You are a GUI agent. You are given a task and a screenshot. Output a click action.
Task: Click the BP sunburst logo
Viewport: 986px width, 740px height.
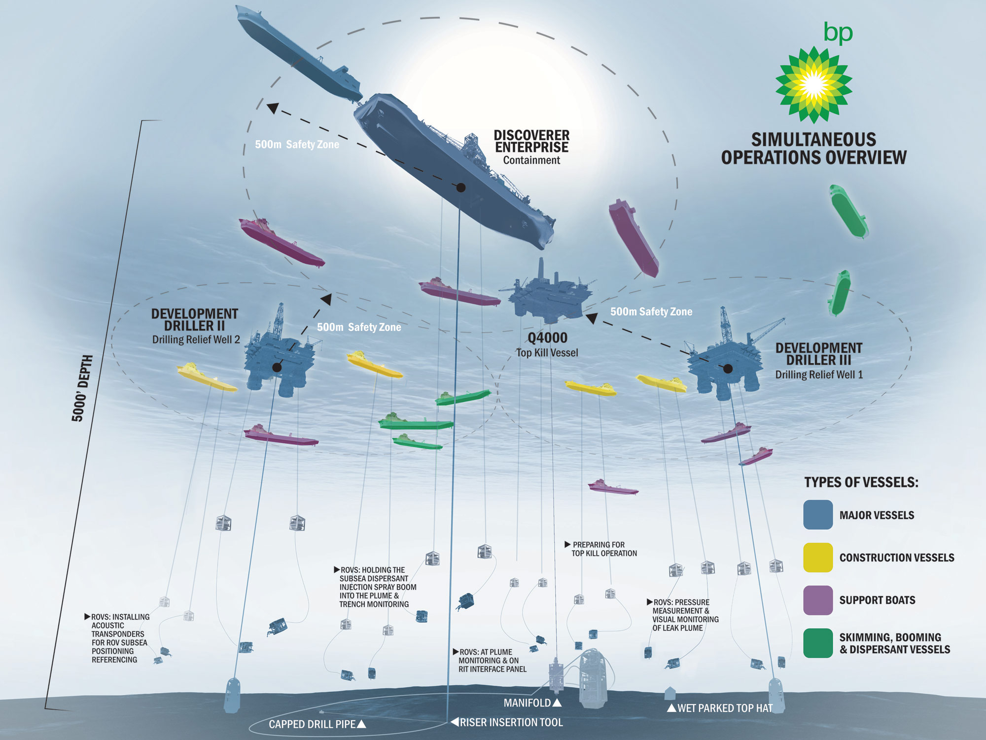[x=813, y=85]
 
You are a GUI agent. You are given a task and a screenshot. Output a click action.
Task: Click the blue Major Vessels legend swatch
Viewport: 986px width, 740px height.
[x=818, y=515]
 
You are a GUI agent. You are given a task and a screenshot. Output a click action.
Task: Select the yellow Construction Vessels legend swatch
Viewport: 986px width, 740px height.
[x=818, y=557]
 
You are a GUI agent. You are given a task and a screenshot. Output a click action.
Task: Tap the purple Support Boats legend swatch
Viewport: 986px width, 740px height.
[x=818, y=600]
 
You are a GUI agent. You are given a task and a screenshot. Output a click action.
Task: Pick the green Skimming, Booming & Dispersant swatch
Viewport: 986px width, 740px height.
[x=818, y=643]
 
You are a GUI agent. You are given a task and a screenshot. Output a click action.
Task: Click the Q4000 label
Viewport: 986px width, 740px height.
[x=547, y=338]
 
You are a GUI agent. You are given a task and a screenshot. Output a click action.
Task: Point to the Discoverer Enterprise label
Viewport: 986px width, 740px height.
[x=531, y=142]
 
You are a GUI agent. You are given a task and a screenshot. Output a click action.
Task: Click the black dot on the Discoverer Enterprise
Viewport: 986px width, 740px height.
[x=461, y=187]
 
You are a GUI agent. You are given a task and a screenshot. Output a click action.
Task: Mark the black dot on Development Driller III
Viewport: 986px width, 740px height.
[x=728, y=369]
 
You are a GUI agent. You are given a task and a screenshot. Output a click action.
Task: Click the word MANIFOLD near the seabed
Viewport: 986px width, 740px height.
[x=527, y=703]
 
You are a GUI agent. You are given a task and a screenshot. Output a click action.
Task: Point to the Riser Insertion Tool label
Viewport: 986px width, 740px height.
[x=511, y=722]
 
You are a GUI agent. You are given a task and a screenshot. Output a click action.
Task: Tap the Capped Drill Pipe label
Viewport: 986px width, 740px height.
[x=312, y=724]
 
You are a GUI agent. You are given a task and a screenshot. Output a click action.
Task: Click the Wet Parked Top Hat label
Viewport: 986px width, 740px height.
[x=725, y=708]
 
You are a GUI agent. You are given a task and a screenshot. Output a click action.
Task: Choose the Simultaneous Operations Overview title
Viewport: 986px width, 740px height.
[x=813, y=148]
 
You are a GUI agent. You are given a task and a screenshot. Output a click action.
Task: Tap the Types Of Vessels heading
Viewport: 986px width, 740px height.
[x=861, y=482]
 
